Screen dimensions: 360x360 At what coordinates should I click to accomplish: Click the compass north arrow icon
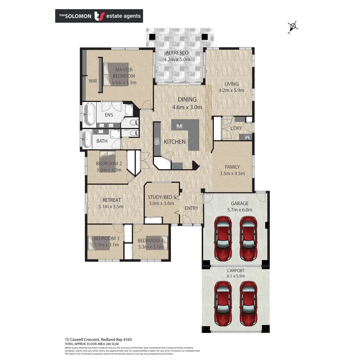pos(293,27)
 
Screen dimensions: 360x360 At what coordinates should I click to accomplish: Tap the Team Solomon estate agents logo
pos(99,16)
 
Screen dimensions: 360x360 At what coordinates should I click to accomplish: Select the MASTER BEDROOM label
pos(124,73)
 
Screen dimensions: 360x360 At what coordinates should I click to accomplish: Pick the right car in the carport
pos(248,303)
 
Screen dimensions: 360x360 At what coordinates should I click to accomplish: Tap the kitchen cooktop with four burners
pos(157,141)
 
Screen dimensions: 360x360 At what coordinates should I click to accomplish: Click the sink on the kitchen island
pos(180,126)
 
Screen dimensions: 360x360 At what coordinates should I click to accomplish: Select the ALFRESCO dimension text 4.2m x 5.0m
pos(177,60)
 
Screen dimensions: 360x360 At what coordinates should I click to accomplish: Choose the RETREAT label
pos(112,200)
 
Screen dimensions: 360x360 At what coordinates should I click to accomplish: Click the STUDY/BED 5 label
pos(161,197)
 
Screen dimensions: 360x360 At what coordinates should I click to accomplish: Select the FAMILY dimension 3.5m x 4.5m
pos(232,173)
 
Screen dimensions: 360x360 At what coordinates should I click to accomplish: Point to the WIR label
pos(93,81)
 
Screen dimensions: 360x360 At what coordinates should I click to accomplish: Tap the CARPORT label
pos(236,271)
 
